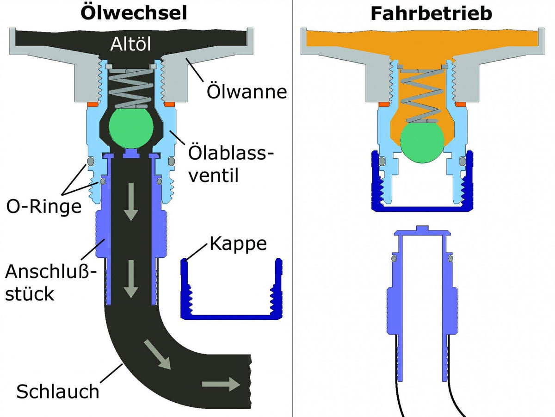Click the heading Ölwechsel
click(134, 13)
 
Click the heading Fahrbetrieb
click(431, 14)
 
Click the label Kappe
click(238, 243)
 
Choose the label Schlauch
click(58, 392)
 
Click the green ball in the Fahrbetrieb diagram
click(422, 143)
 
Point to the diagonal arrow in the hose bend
click(157, 354)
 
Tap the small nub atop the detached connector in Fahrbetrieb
click(422, 228)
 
